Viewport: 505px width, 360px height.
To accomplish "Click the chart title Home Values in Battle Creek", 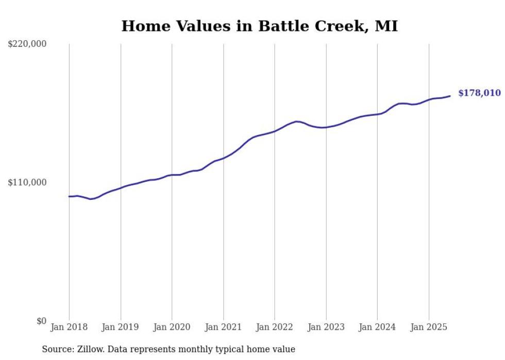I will coord(259,26).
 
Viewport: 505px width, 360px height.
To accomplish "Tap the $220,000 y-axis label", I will coord(27,44).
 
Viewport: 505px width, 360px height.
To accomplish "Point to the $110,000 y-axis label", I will coord(27,182).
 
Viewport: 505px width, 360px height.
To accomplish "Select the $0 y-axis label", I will coord(41,321).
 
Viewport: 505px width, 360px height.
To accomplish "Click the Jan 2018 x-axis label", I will coord(69,327).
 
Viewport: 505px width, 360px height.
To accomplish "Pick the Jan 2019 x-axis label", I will coord(121,327).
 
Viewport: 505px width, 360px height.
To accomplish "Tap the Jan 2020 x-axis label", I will coord(172,327).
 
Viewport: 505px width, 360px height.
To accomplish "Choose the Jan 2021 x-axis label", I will coord(223,327).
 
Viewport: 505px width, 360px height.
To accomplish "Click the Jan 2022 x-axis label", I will coord(275,327).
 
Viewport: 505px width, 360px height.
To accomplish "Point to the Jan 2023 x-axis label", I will coord(326,327).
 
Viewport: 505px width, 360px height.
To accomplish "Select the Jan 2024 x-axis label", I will coord(377,327).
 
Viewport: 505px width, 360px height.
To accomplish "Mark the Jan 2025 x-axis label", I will coord(429,327).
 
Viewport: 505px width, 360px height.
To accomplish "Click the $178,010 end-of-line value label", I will coord(479,93).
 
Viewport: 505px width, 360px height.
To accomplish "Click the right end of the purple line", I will coord(450,96).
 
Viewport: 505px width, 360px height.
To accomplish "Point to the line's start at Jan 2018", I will coord(69,196).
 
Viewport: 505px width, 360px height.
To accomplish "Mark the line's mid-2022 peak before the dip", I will coord(297,122).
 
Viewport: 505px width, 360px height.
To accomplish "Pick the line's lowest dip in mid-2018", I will coord(91,199).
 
